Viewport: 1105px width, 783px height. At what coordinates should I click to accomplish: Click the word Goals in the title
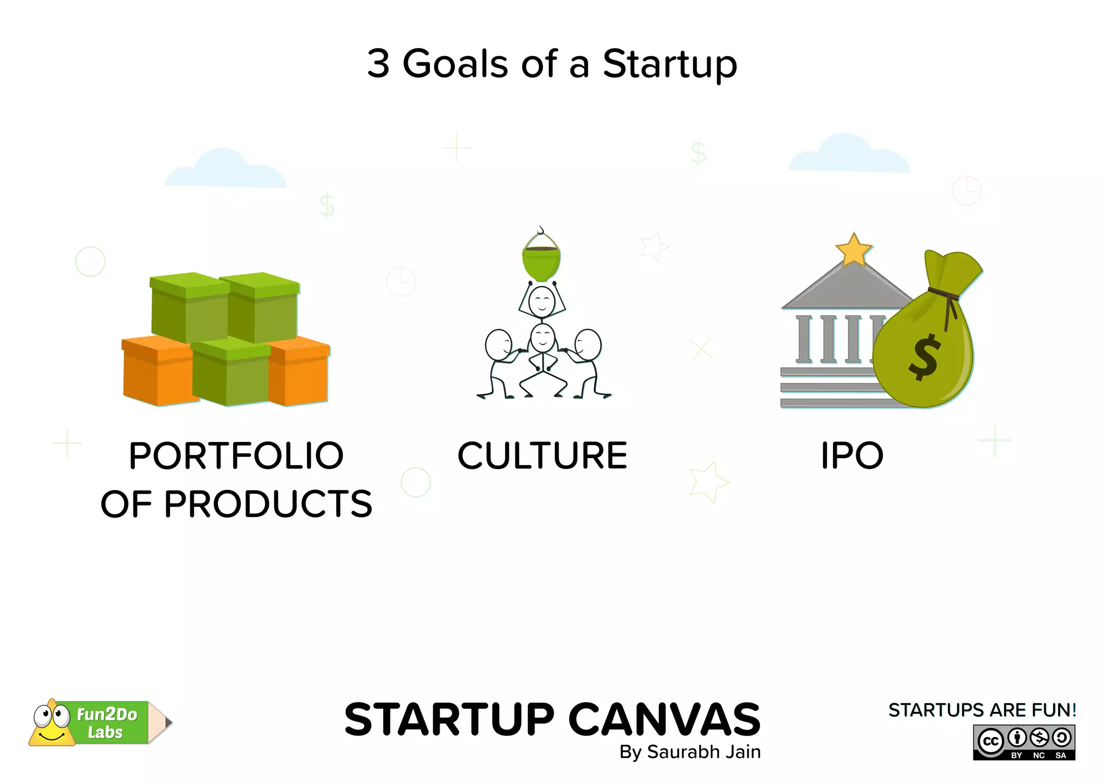point(455,64)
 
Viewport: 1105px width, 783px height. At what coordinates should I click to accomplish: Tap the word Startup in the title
point(670,65)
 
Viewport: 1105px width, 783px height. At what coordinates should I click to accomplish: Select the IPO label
point(852,455)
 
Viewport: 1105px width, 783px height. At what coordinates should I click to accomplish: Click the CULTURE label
point(542,455)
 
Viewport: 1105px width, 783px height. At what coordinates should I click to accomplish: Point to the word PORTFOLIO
point(236,455)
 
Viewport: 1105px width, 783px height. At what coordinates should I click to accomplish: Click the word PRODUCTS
point(268,504)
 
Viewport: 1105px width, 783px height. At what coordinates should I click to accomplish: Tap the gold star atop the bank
point(854,250)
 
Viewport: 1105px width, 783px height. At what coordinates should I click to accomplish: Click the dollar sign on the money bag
point(925,357)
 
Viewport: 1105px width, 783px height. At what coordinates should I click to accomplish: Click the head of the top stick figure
point(542,302)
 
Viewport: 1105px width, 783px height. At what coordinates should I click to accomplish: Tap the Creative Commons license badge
point(1024,743)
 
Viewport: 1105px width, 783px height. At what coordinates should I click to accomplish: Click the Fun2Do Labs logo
point(100,723)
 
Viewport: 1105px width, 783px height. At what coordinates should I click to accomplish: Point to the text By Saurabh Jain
point(690,752)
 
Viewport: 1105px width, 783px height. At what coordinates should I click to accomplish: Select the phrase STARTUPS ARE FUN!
point(982,710)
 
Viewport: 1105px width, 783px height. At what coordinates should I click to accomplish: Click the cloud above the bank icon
point(849,155)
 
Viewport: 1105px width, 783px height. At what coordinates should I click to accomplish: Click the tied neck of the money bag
point(945,295)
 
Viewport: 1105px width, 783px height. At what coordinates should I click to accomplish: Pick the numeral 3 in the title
point(378,64)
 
